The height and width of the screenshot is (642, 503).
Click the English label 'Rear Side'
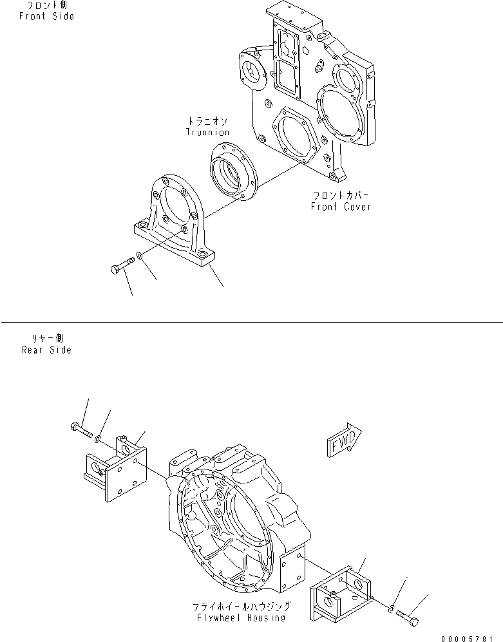tap(47, 350)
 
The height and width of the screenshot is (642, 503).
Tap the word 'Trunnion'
tap(207, 132)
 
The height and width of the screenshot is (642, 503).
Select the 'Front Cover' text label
tap(341, 207)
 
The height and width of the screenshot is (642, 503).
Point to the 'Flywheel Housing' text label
tap(242, 618)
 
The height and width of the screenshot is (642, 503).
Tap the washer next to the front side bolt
tap(141, 259)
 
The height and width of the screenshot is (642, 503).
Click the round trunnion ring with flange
tap(233, 172)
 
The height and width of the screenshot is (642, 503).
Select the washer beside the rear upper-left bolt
tap(97, 439)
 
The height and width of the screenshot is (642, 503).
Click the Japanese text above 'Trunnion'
tap(207, 120)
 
